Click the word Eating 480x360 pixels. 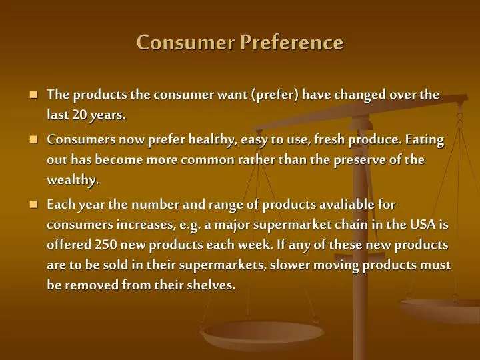click(423, 140)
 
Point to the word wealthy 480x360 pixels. click(73, 180)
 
